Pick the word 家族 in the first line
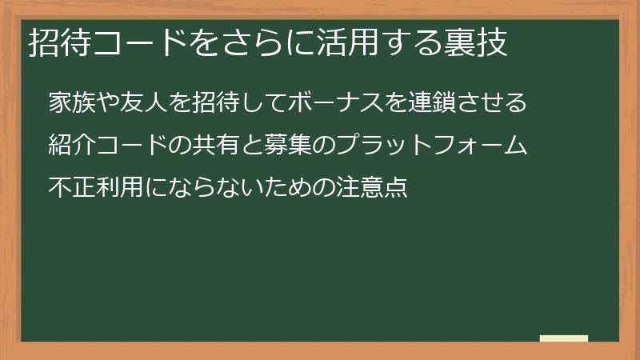click(67, 104)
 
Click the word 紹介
click(67, 146)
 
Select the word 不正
click(67, 189)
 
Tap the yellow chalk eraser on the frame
click(563, 339)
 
